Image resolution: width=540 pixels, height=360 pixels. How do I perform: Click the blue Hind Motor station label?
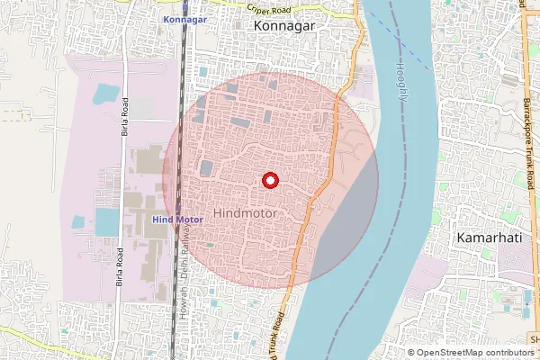[x=177, y=219]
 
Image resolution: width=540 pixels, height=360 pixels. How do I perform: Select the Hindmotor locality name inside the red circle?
[x=245, y=214]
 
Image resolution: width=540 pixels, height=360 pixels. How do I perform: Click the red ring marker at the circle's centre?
[x=269, y=180]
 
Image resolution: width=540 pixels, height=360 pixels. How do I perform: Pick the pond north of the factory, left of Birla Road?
[x=106, y=92]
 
